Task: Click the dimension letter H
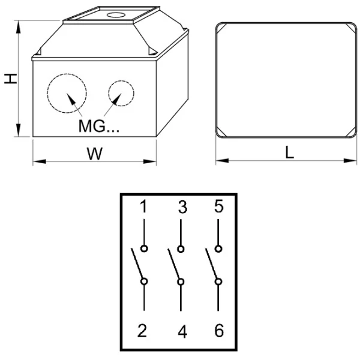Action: (11, 79)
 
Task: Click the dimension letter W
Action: (95, 154)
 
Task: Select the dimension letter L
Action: (290, 153)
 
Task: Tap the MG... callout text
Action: (99, 126)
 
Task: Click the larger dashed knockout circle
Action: (47, 94)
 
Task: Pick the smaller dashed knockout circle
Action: (109, 93)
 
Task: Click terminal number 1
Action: (143, 206)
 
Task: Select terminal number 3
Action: (183, 207)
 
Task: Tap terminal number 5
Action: (219, 206)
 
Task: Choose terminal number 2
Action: (142, 331)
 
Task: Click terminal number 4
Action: (182, 332)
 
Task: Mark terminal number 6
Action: (219, 331)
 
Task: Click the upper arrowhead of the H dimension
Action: (18, 27)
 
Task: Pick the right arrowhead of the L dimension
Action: (350, 160)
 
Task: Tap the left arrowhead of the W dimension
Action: (40, 161)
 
